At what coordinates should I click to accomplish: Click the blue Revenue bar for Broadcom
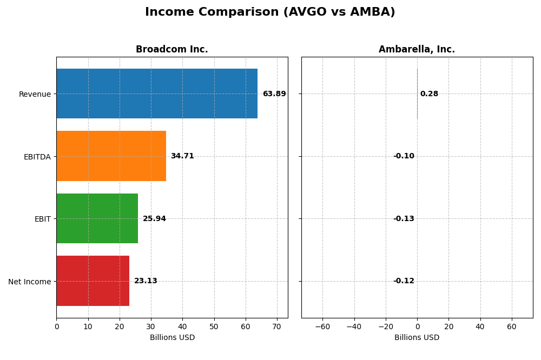[x=157, y=94]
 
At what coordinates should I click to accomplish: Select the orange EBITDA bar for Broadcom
[x=111, y=156]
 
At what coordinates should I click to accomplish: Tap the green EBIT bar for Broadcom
[x=97, y=218]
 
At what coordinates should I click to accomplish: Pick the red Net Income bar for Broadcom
[x=93, y=281]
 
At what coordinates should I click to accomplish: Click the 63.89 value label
[x=274, y=94]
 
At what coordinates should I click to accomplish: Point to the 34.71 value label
[x=182, y=156]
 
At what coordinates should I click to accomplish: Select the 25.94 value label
[x=154, y=219]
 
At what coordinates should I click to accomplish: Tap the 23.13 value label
[x=146, y=281]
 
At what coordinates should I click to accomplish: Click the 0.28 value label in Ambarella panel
[x=429, y=94]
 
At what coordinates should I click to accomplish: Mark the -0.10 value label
[x=404, y=156]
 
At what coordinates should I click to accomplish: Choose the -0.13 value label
[x=404, y=219]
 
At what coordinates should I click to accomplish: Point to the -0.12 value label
[x=404, y=281]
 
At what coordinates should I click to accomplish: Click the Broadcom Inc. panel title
[x=172, y=50]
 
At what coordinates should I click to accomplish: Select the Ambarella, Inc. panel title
[x=417, y=50]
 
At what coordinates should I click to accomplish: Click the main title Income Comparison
[x=270, y=12]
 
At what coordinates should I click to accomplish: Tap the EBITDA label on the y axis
[x=37, y=157]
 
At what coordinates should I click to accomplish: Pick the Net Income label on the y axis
[x=30, y=282]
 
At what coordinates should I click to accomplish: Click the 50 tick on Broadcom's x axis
[x=214, y=326]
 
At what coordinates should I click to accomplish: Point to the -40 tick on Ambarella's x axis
[x=354, y=326]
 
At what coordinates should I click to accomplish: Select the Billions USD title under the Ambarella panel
[x=417, y=338]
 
